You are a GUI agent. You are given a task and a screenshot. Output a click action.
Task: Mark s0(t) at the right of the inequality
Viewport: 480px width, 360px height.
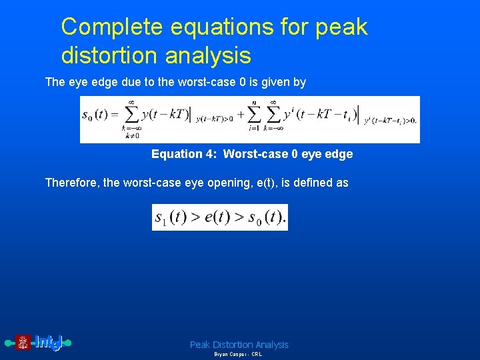pos(267,217)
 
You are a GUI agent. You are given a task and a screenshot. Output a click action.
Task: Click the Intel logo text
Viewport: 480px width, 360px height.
pos(49,343)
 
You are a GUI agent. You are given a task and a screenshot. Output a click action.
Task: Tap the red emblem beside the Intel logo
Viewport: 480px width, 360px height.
pos(23,343)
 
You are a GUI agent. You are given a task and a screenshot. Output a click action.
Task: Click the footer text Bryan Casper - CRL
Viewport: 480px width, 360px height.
pos(238,355)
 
